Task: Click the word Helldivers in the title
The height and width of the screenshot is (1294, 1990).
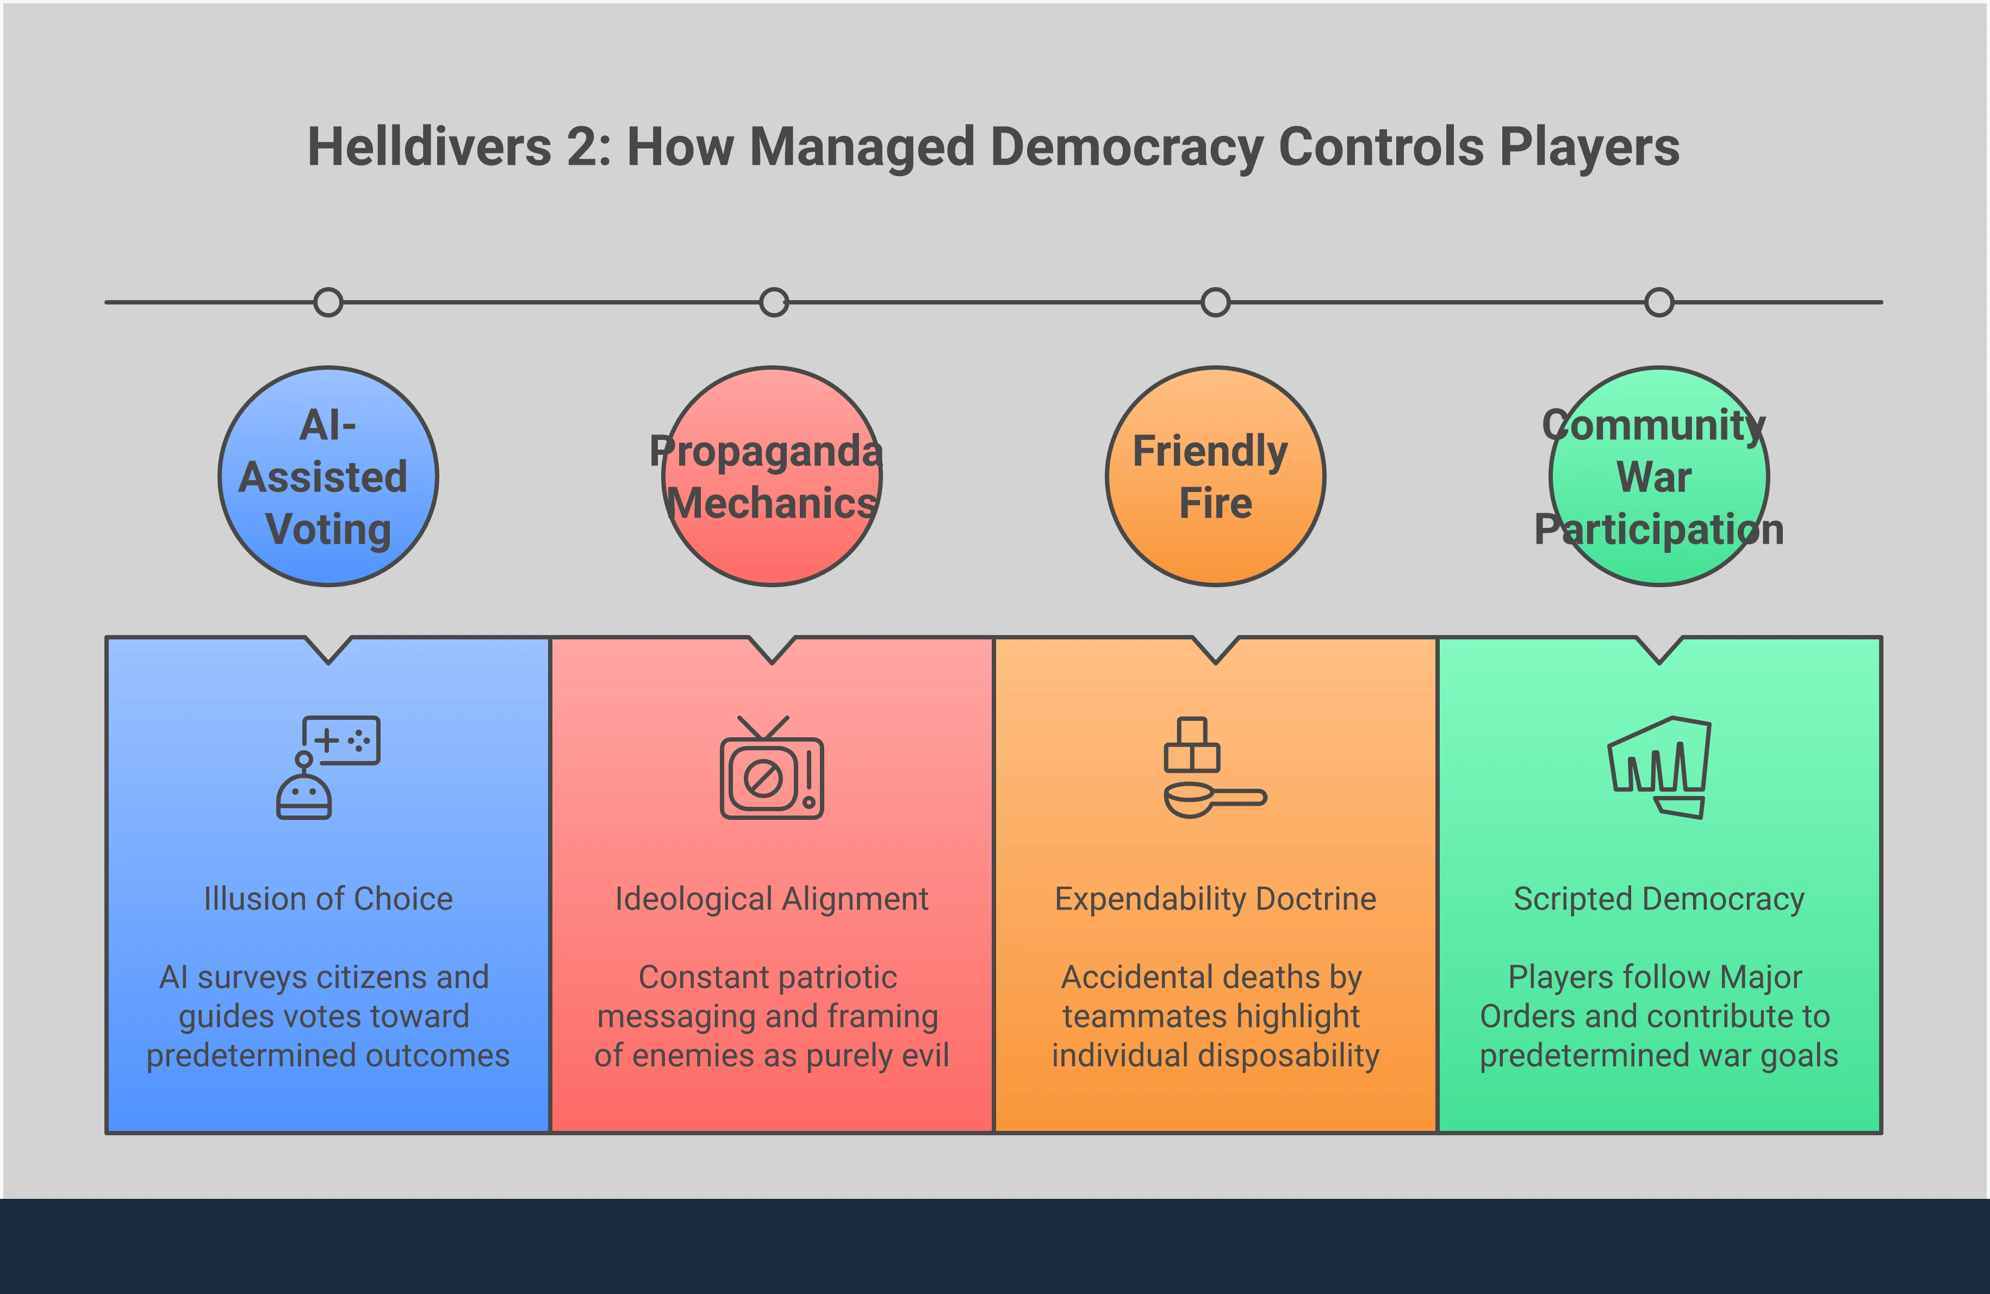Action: point(430,148)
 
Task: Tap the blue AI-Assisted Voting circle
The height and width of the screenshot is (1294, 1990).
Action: point(328,476)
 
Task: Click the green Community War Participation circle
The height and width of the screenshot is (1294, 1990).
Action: point(1659,476)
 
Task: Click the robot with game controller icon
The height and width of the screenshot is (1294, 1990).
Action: point(328,767)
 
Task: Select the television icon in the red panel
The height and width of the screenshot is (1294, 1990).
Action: point(772,767)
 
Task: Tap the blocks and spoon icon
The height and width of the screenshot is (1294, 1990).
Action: point(1214,767)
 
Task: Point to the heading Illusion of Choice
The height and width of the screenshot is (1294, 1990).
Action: point(328,899)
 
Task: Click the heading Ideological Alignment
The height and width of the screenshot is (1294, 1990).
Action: point(772,899)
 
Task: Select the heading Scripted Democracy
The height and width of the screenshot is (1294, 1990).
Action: point(1659,899)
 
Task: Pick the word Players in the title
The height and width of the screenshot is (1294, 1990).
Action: point(1589,148)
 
